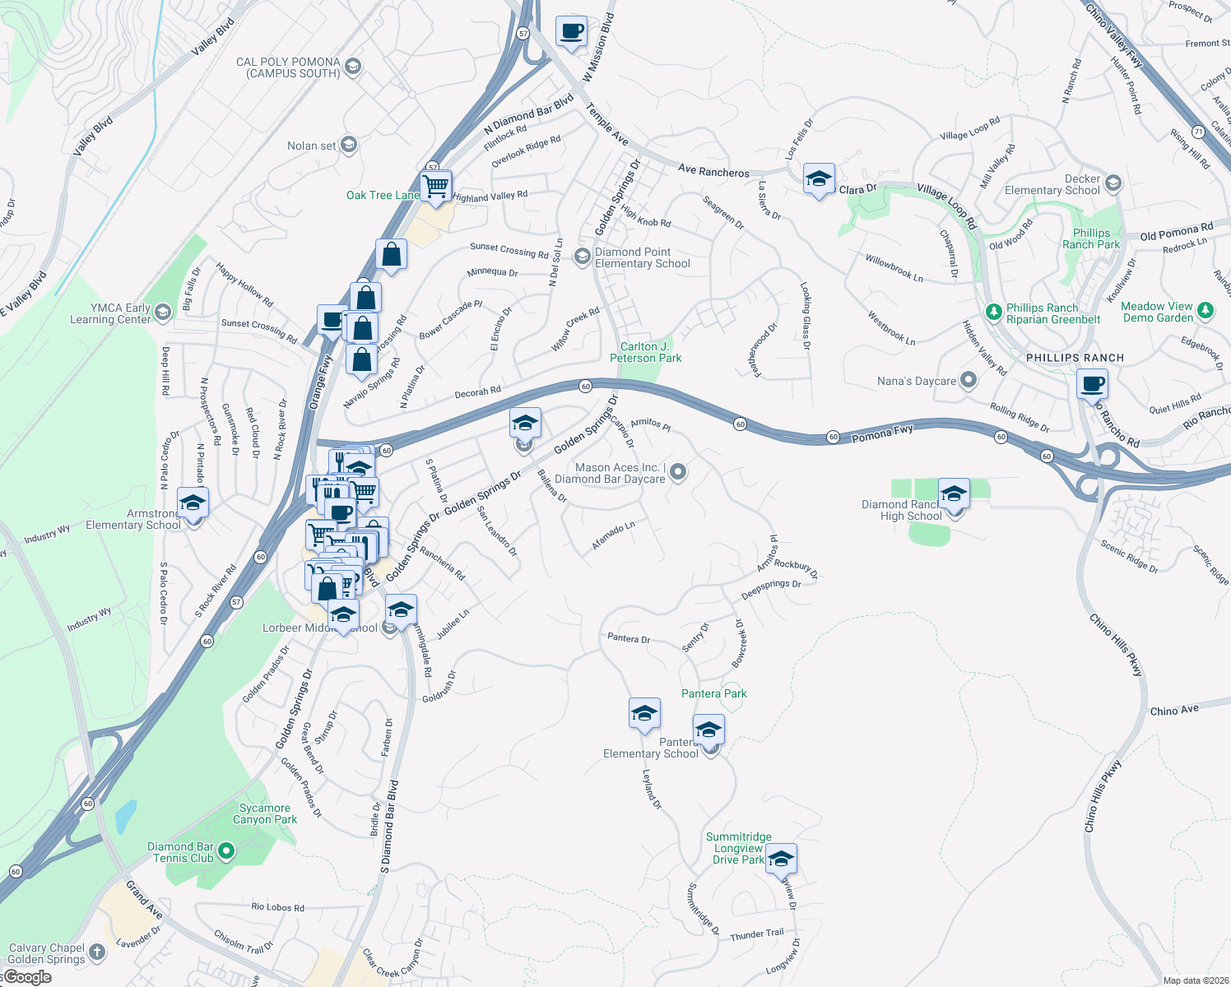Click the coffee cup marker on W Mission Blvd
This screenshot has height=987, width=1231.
click(x=571, y=32)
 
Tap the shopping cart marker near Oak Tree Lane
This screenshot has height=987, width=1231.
click(x=436, y=185)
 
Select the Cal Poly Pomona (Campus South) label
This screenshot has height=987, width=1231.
click(x=288, y=67)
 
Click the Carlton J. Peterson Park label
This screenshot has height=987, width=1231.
click(x=646, y=352)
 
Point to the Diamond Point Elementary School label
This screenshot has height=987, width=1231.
click(x=643, y=257)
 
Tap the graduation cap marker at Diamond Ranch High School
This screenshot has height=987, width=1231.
click(x=953, y=494)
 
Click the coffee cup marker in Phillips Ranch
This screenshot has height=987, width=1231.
click(x=1092, y=384)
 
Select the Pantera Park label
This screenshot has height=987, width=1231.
click(x=714, y=693)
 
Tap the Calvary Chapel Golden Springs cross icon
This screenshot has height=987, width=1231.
click(x=97, y=952)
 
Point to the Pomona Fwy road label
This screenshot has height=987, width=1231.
click(x=882, y=433)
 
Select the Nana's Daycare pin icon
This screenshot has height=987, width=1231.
click(x=969, y=380)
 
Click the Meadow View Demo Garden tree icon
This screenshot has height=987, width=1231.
click(x=1205, y=310)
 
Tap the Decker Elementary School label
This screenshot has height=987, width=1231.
click(x=1052, y=184)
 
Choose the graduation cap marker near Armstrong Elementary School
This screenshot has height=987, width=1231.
click(x=192, y=503)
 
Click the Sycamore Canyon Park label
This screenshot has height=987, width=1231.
click(x=265, y=813)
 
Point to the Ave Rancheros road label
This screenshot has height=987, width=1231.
click(x=713, y=171)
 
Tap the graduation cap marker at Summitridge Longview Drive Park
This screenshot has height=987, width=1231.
click(x=780, y=860)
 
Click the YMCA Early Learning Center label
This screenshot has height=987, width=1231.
click(x=110, y=313)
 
